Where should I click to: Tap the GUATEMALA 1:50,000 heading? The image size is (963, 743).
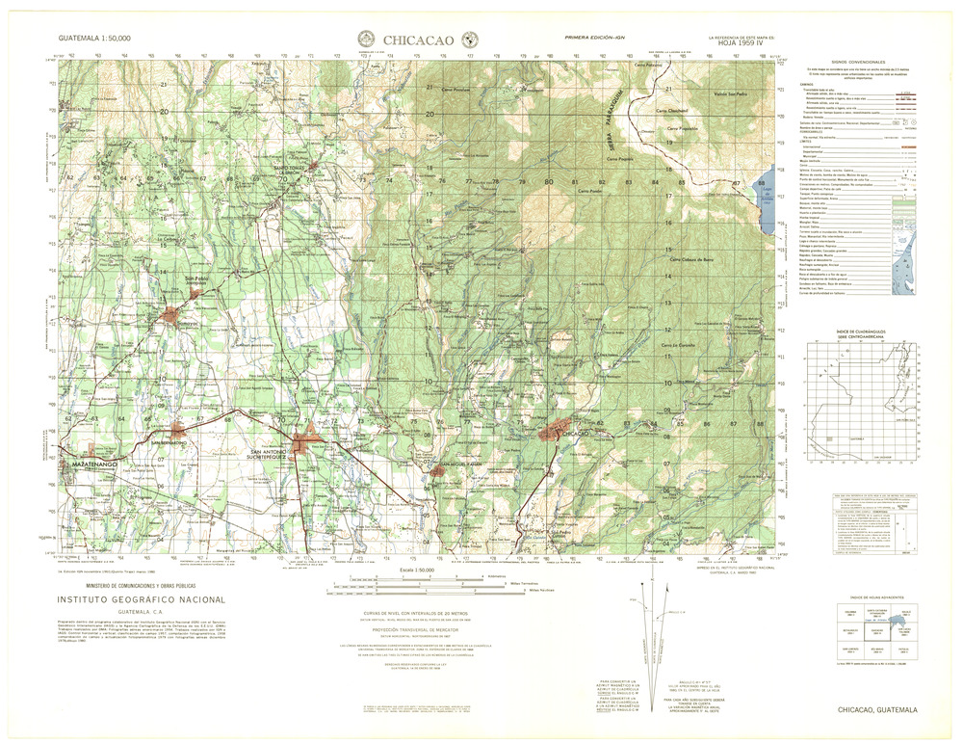click(x=94, y=38)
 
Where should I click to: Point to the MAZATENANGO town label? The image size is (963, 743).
click(x=93, y=464)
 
